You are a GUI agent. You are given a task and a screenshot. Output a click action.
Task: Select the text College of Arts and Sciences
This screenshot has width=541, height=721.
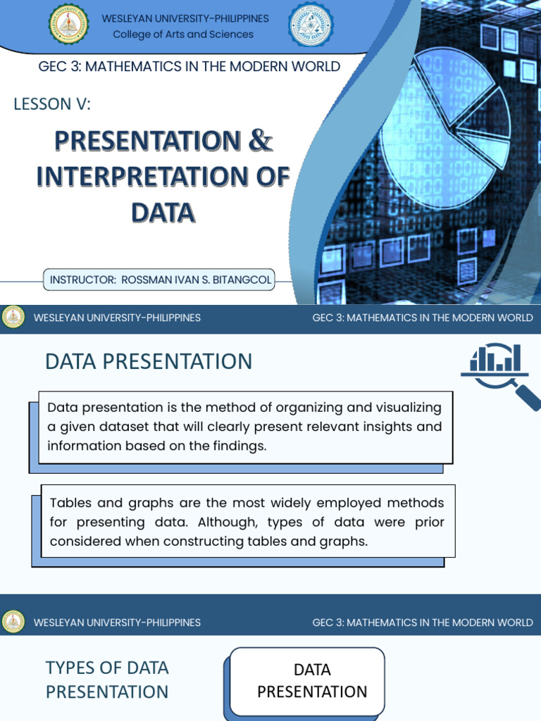(183, 35)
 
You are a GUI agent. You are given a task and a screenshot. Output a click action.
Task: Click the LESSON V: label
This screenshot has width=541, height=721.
(52, 104)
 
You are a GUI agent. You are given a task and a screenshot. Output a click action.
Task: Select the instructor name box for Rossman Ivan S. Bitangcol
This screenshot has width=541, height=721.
(160, 280)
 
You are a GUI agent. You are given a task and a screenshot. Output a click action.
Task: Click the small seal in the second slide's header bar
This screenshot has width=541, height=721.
(13, 318)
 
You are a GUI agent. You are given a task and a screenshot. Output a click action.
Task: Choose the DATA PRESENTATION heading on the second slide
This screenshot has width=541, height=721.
(148, 361)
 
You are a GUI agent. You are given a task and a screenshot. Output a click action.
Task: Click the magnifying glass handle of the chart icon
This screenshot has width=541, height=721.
(526, 396)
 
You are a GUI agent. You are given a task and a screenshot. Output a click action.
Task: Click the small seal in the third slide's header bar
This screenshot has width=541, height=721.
(13, 622)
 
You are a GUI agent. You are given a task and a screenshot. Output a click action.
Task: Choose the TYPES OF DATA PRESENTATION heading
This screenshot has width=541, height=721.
(107, 679)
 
